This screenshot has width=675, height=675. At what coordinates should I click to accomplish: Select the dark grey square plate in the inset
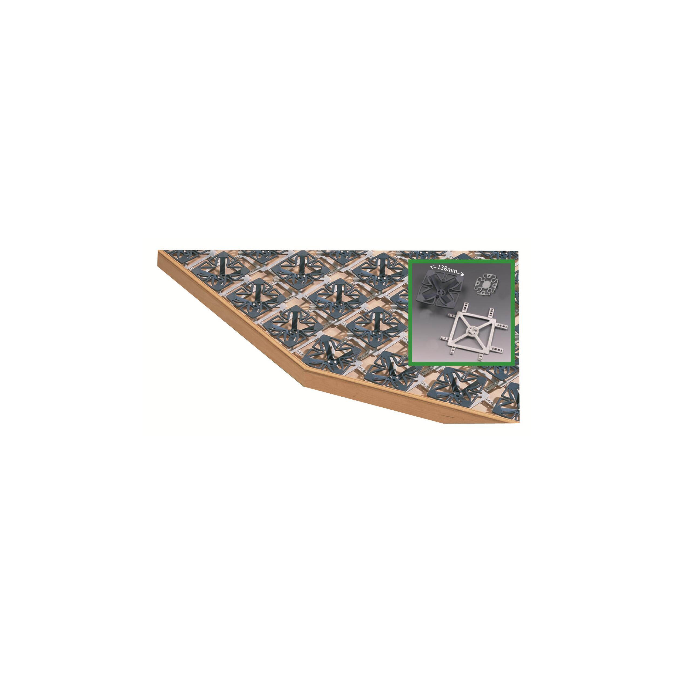[442, 291]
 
